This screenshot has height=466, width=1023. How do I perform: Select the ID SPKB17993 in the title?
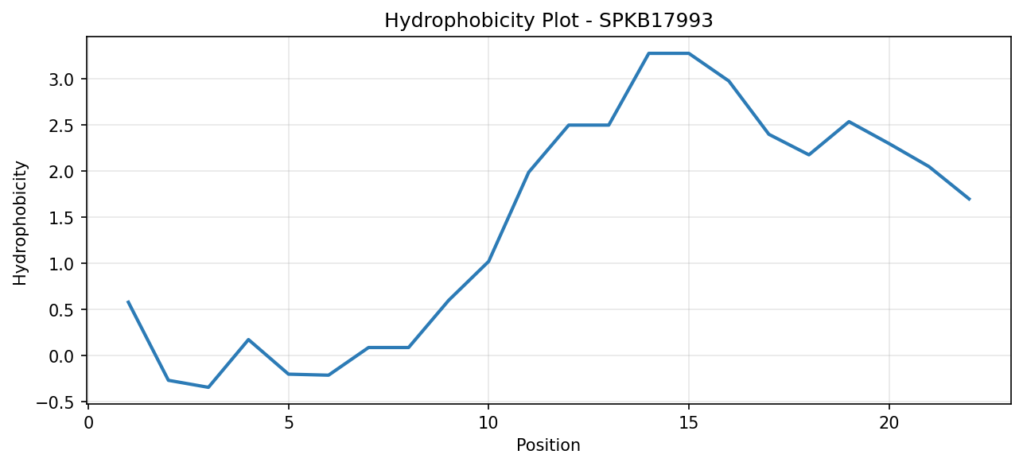click(x=655, y=21)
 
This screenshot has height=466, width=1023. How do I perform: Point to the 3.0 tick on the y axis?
click(x=61, y=80)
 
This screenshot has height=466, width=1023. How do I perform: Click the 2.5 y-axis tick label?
click(x=61, y=126)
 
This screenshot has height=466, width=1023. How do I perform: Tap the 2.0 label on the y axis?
click(x=61, y=172)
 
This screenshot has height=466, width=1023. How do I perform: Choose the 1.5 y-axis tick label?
click(x=61, y=218)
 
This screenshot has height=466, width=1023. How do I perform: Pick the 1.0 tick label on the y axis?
click(x=61, y=264)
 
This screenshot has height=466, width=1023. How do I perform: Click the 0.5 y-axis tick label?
click(x=61, y=310)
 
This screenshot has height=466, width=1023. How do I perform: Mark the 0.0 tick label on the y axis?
click(x=61, y=356)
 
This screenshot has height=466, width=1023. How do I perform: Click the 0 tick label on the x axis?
click(x=88, y=423)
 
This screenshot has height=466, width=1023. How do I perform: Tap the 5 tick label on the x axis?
click(x=289, y=423)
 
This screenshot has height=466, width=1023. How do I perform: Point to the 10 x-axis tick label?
click(x=488, y=423)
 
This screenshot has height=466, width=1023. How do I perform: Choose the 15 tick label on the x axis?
click(x=689, y=423)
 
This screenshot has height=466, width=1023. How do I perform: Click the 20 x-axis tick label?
click(x=889, y=423)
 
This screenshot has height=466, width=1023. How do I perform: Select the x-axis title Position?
click(x=548, y=445)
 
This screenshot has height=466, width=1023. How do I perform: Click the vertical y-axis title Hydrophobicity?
click(x=20, y=223)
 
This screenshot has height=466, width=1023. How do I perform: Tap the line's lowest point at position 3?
click(x=208, y=387)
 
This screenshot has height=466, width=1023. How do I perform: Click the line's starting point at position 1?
click(x=128, y=301)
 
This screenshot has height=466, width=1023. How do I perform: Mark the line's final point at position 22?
click(x=970, y=200)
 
